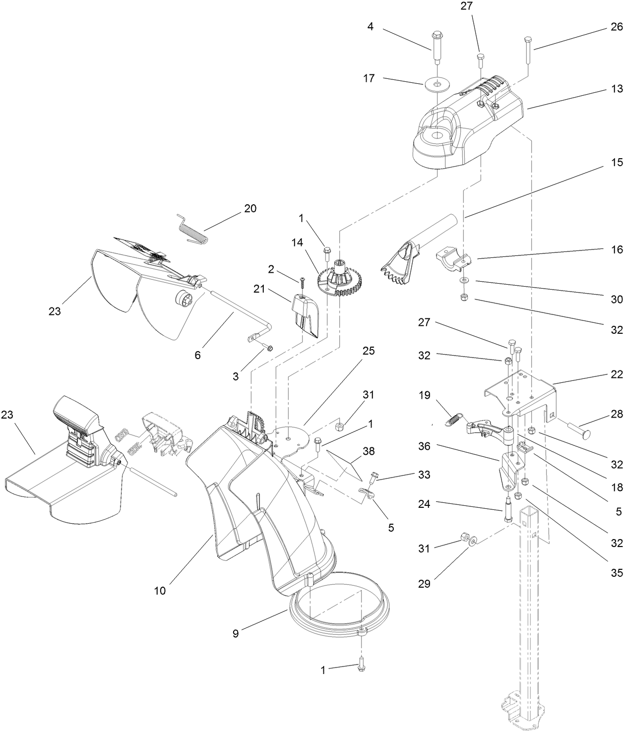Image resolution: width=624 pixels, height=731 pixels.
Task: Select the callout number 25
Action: (x=369, y=351)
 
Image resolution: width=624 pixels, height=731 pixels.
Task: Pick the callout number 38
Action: (x=369, y=451)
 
